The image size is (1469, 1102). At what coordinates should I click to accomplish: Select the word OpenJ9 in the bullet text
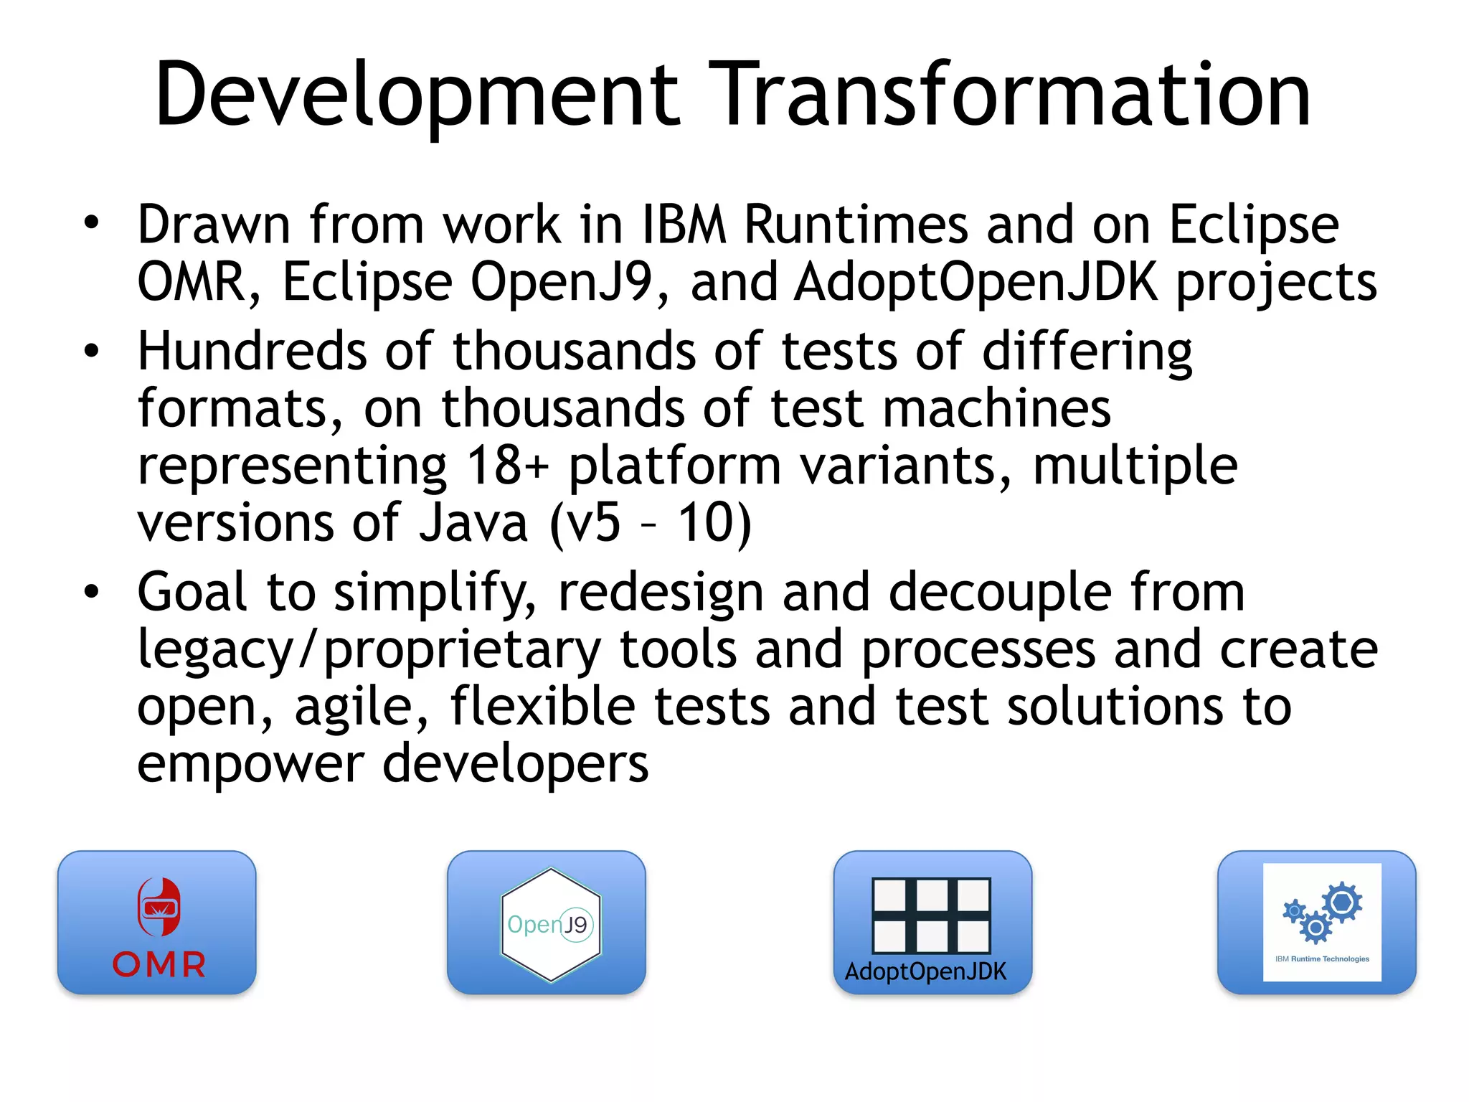coord(562,282)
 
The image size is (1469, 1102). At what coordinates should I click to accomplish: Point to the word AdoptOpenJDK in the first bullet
coord(976,282)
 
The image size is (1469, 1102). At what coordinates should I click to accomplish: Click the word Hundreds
coord(252,352)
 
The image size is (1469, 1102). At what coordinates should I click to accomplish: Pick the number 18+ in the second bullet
coord(507,465)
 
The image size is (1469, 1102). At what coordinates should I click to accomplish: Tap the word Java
coord(474,522)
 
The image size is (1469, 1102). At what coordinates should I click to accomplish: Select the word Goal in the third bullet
coord(192,593)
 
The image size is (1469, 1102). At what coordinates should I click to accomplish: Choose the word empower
coord(250,765)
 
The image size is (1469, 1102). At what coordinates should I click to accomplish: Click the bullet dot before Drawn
coord(91,223)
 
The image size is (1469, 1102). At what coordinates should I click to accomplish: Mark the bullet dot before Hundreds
coord(91,352)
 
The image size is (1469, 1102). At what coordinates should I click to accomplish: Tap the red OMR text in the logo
coord(159,964)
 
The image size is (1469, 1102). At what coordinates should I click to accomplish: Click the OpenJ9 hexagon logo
coord(550,924)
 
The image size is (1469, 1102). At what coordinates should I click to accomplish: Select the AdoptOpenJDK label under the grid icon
coord(925,971)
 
